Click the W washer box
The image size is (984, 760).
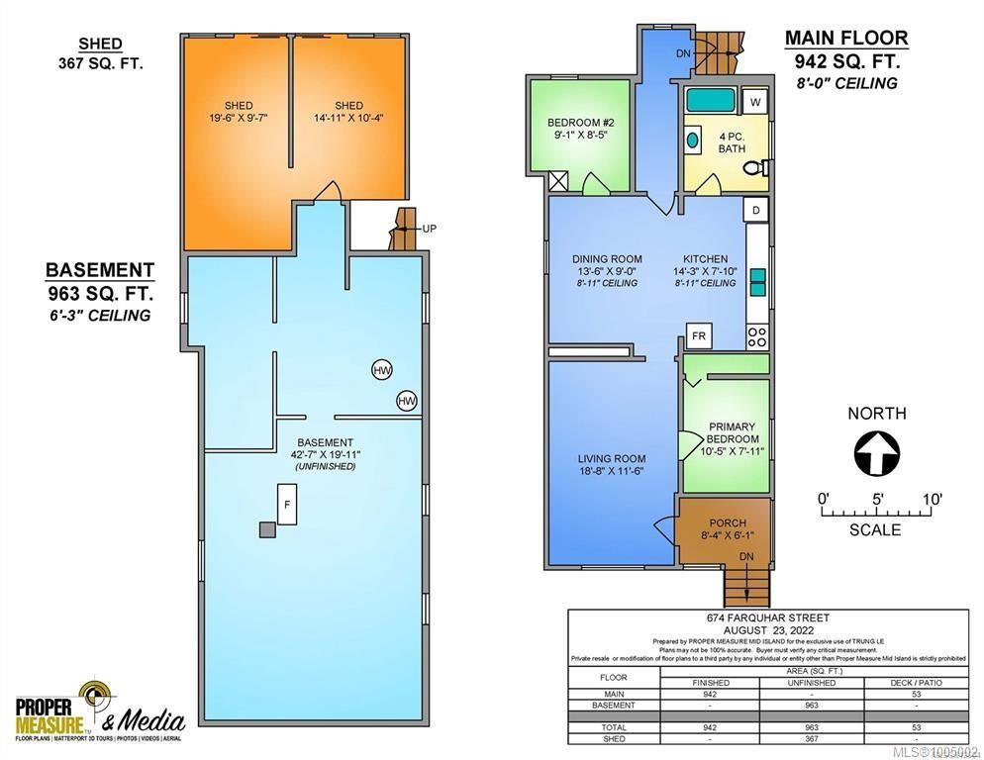point(755,101)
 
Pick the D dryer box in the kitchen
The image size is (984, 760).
point(755,211)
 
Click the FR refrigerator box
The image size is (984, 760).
point(699,336)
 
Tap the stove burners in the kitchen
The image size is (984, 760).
point(757,336)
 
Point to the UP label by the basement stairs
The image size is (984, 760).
point(429,229)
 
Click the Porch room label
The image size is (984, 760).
point(728,522)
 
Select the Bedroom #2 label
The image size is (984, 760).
point(581,123)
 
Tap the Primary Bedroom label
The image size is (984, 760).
point(733,433)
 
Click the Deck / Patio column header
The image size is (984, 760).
point(917,683)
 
